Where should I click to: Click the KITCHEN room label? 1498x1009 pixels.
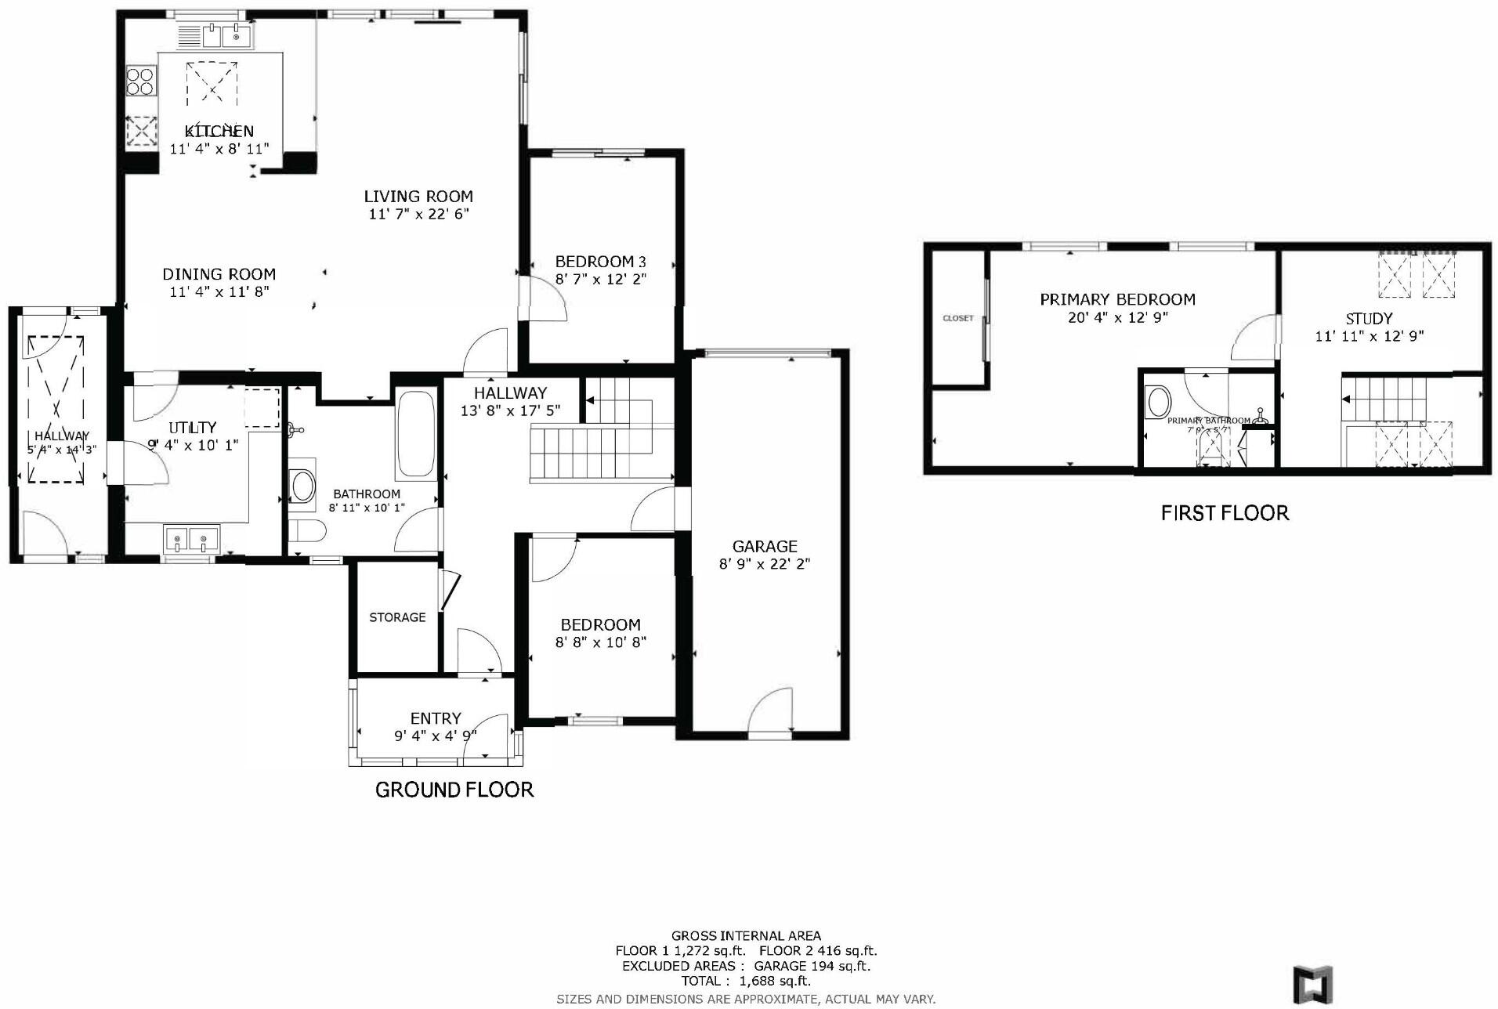click(219, 131)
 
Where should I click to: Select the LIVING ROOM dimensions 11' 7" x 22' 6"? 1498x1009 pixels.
click(418, 214)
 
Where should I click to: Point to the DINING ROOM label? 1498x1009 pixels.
click(219, 274)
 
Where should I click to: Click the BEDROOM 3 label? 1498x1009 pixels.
click(600, 262)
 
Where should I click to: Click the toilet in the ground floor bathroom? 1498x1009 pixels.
click(306, 531)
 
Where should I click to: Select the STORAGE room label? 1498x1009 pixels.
click(397, 617)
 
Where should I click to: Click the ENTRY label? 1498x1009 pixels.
click(436, 718)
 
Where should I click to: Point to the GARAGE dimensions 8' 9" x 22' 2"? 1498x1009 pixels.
click(764, 563)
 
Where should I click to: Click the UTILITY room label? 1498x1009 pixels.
click(193, 428)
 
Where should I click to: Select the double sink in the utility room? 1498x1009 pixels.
click(192, 539)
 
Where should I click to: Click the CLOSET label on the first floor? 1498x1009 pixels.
click(957, 318)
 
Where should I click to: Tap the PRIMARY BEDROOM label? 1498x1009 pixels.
click(1117, 299)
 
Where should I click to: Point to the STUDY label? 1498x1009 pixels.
click(1369, 319)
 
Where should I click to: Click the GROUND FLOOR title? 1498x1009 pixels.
click(454, 790)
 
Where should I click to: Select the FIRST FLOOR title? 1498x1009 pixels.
click(1225, 513)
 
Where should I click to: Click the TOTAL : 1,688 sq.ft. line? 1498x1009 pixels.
click(746, 981)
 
